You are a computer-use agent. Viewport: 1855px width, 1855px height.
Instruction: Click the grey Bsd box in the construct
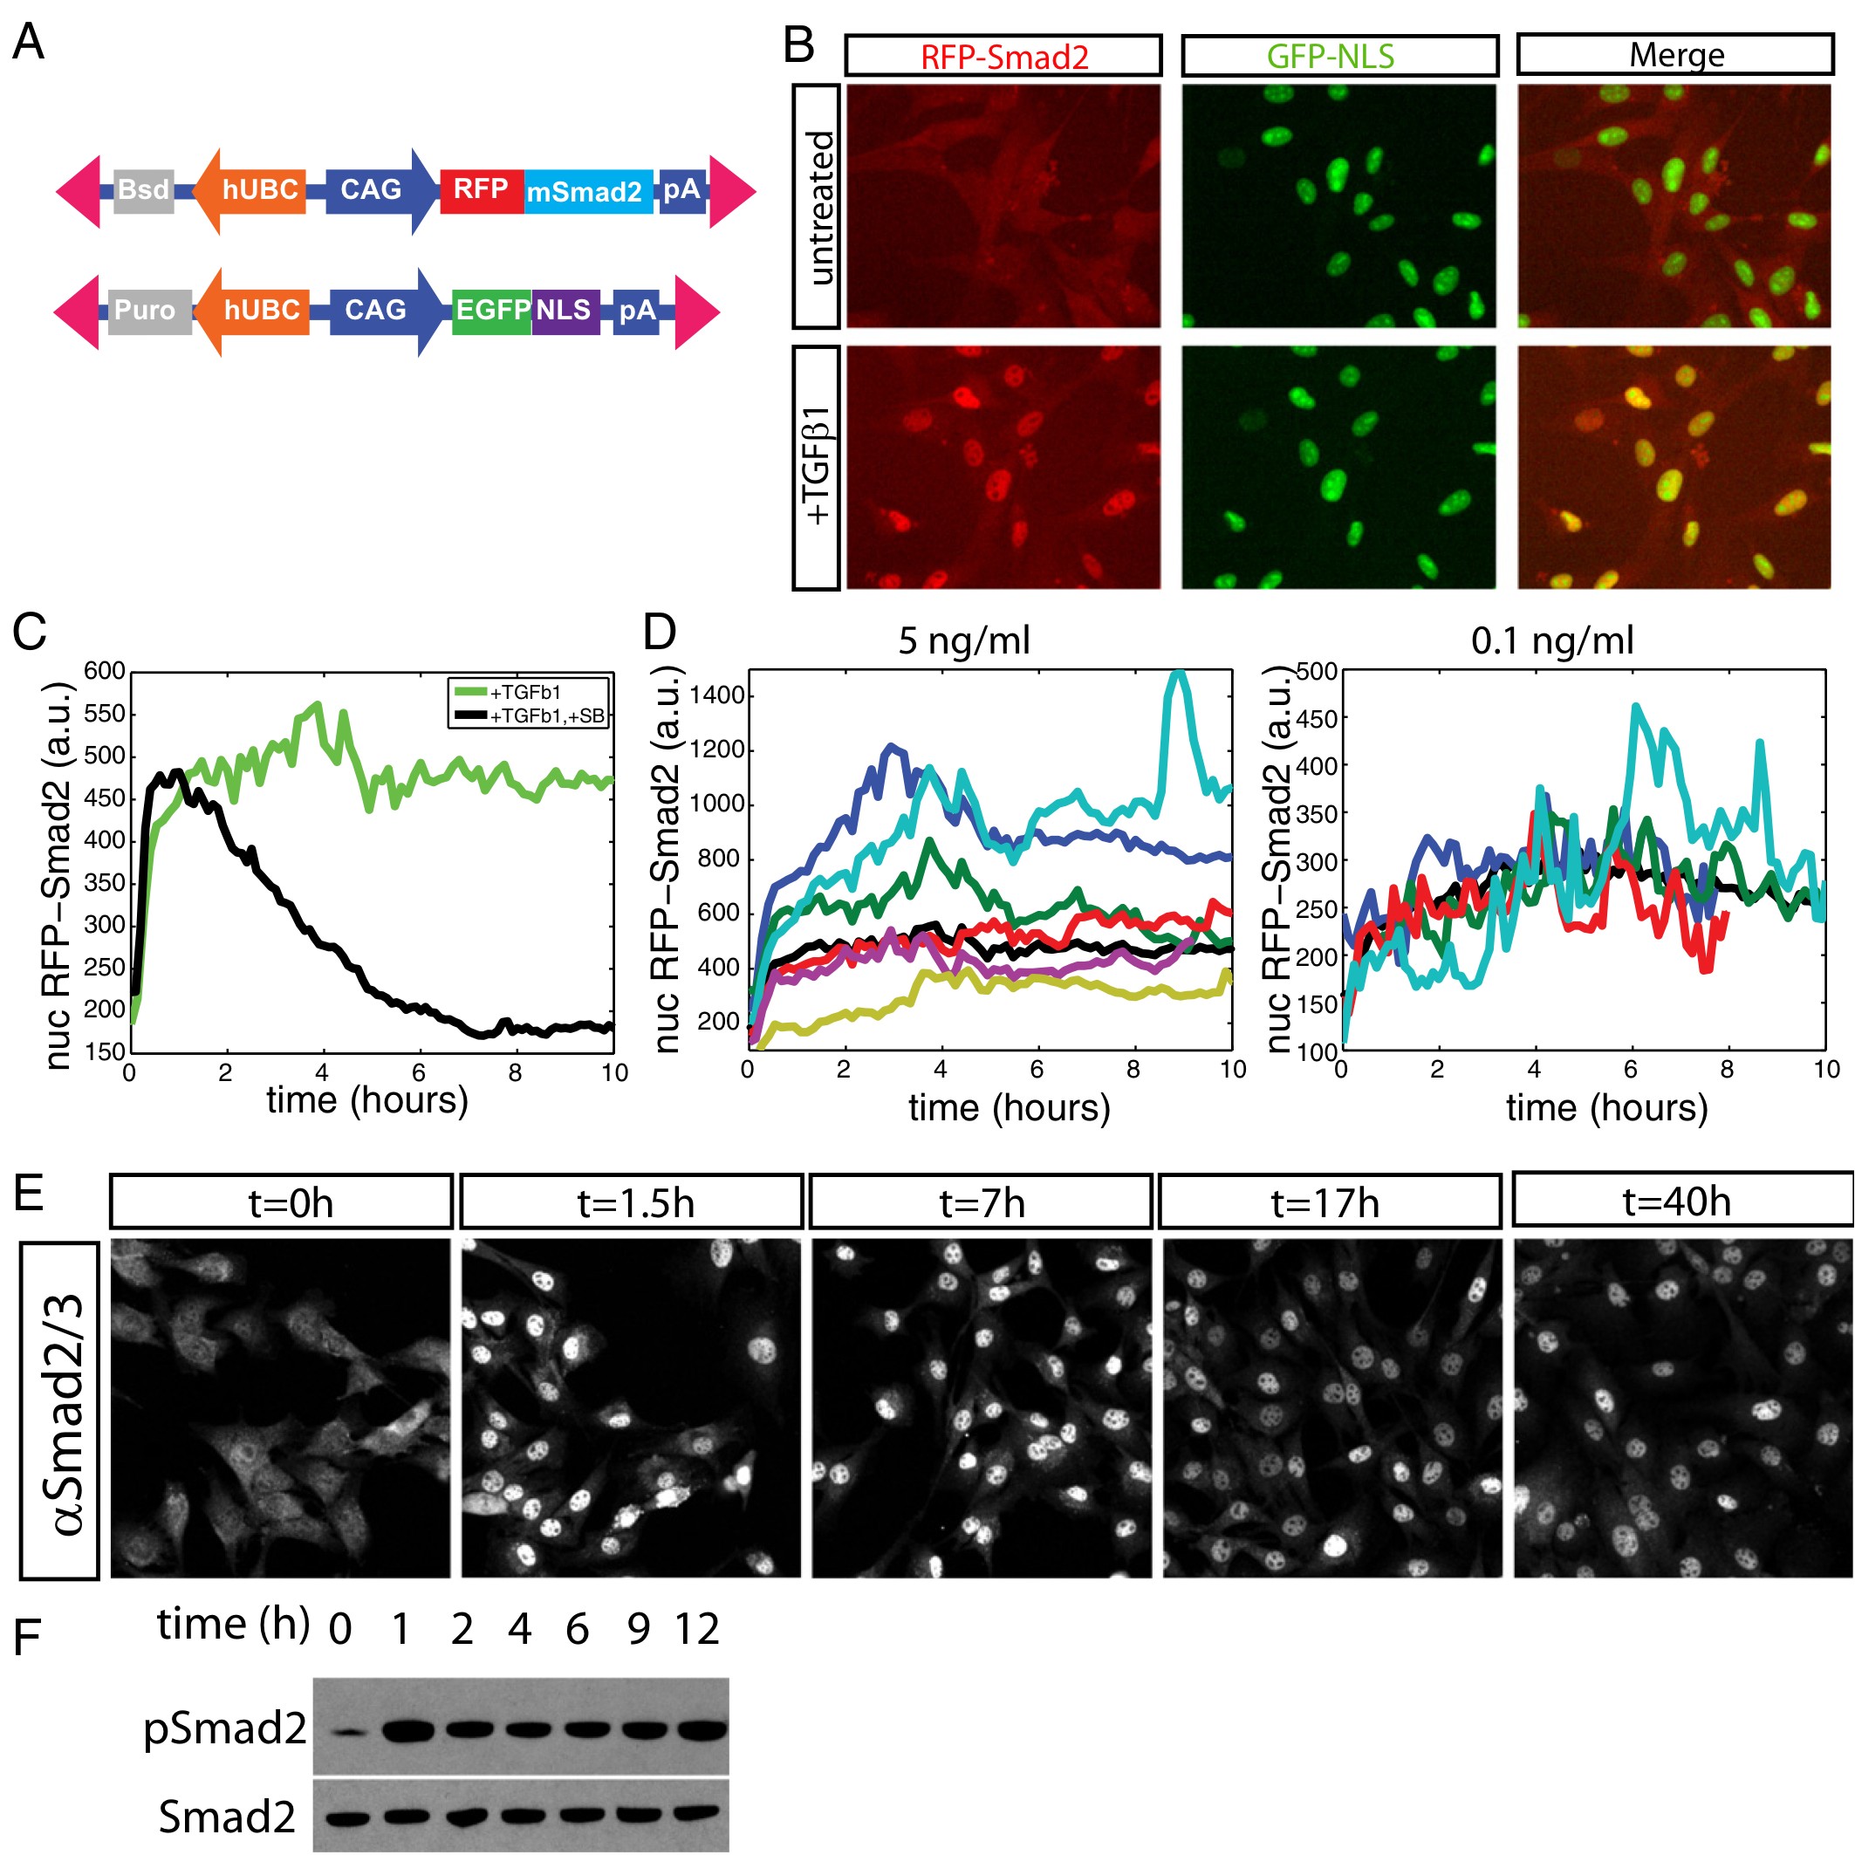click(143, 190)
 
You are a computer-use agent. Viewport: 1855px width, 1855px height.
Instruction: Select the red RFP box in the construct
click(481, 189)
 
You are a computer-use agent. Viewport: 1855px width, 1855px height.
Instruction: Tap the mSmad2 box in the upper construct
click(585, 192)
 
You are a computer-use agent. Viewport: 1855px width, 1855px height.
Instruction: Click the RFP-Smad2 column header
click(1003, 57)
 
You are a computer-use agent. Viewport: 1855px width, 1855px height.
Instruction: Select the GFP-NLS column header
click(1338, 57)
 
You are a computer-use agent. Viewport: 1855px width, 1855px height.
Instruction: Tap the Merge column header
click(1674, 56)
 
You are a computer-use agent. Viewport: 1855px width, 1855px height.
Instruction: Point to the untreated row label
click(818, 208)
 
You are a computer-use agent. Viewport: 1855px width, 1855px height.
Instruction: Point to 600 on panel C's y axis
click(105, 671)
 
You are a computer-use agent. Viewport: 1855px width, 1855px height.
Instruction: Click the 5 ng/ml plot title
click(963, 640)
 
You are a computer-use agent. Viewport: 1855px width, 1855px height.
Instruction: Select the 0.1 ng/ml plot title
click(1551, 640)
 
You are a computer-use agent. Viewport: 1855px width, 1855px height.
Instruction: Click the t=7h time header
click(981, 1202)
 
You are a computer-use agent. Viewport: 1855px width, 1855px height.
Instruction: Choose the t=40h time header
click(1676, 1201)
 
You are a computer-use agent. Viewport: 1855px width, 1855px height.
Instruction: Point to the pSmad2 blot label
click(224, 1728)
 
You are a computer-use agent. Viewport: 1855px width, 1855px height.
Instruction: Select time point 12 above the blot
click(696, 1629)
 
